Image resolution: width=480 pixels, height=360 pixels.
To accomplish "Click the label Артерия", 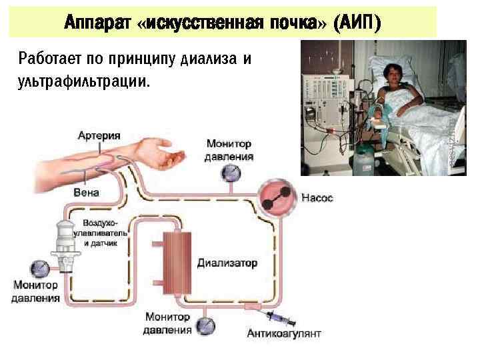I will [98, 135].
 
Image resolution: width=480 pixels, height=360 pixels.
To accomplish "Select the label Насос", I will [317, 198].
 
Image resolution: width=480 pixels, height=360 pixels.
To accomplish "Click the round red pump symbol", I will [278, 197].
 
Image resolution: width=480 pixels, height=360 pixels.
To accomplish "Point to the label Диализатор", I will [227, 263].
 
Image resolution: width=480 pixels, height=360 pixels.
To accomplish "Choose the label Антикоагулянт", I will [284, 333].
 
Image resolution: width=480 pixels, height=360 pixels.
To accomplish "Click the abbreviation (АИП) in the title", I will [359, 23].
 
